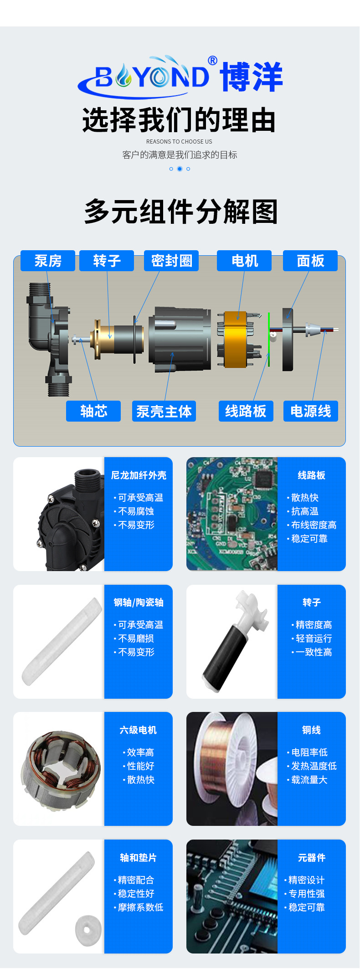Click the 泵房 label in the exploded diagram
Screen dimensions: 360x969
(48, 261)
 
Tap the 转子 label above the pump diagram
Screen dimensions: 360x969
(107, 261)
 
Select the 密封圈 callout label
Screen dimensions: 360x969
(171, 261)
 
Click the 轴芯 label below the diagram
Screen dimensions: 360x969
(93, 411)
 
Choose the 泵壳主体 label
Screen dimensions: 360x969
(164, 411)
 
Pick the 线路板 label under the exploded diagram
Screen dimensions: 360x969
(246, 411)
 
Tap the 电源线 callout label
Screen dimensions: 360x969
(311, 411)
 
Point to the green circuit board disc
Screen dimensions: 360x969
(269, 339)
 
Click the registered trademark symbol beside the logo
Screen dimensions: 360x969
(212, 61)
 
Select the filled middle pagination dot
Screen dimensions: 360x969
(180, 169)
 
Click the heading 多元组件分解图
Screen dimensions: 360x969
(181, 211)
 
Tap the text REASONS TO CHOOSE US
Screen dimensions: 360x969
(179, 142)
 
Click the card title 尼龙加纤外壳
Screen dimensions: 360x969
(139, 475)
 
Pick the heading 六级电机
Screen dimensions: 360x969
(138, 730)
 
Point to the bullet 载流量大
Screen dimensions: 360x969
(307, 780)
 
